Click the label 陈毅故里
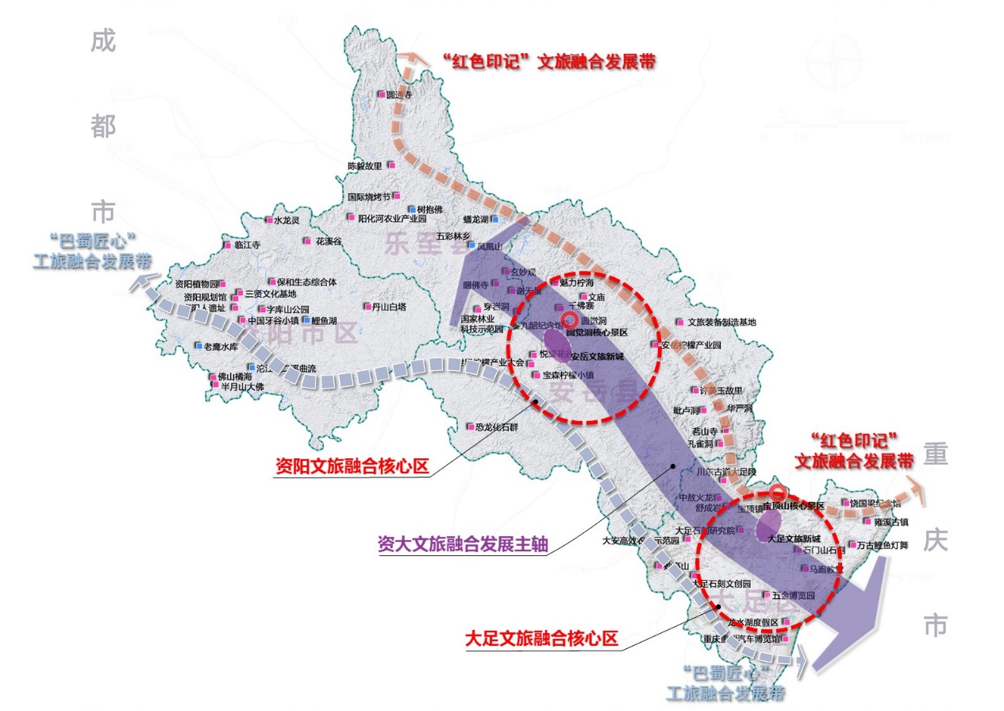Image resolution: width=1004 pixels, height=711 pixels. [365, 166]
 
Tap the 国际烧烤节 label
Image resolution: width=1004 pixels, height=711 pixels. [368, 197]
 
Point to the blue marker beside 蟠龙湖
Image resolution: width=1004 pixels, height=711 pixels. [494, 219]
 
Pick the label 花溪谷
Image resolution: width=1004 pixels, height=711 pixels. [329, 242]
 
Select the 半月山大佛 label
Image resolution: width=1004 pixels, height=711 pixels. [241, 387]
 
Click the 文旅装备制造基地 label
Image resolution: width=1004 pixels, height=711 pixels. [721, 322]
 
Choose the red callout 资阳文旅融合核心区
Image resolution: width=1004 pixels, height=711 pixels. [352, 467]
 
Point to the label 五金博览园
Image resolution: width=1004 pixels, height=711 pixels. [794, 595]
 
